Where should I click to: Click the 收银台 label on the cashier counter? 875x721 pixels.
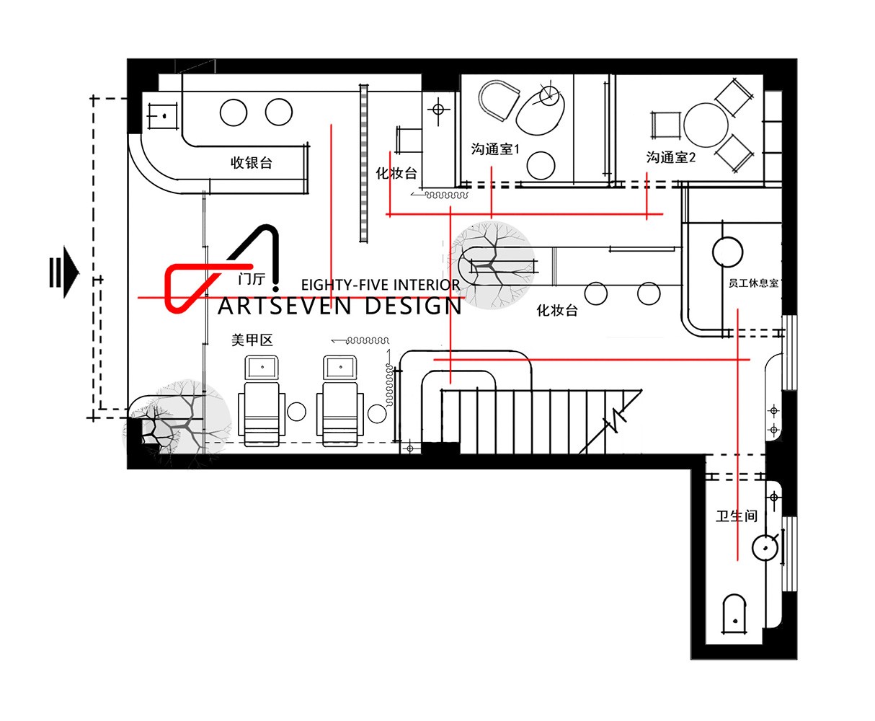(252, 163)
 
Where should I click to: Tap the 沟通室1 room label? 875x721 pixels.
(495, 149)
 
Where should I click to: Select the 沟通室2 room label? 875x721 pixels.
(670, 157)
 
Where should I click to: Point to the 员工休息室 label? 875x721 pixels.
(753, 283)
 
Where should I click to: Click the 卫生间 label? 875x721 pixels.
(737, 516)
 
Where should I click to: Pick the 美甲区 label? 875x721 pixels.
(252, 340)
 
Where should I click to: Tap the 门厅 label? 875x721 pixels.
(252, 279)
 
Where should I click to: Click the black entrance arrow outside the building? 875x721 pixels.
(64, 272)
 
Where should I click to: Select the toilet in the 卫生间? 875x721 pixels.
(734, 615)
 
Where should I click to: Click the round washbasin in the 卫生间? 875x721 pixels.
(765, 547)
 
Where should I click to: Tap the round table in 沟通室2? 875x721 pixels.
(706, 125)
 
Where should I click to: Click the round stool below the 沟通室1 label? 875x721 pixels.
(541, 165)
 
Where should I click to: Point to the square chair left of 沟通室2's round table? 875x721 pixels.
(665, 125)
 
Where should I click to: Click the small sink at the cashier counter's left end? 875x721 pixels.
(163, 115)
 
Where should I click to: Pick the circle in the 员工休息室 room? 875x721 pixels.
(727, 252)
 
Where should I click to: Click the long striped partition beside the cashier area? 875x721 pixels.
(364, 163)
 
